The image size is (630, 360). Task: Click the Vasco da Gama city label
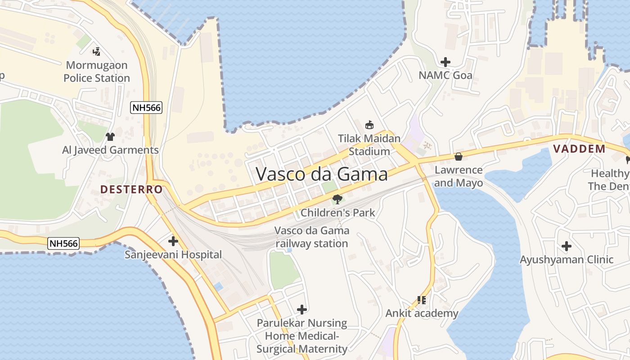tap(322, 174)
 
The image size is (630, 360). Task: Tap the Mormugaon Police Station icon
tap(96, 52)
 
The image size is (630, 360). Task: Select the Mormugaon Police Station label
tap(96, 72)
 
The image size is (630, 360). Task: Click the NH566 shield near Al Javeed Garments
tap(146, 108)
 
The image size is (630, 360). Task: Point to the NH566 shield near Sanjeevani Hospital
tap(64, 243)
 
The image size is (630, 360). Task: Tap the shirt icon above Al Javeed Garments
tap(110, 136)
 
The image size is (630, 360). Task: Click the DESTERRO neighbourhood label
tap(131, 189)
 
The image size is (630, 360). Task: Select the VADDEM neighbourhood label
tap(579, 149)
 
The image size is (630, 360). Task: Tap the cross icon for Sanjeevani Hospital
tap(173, 241)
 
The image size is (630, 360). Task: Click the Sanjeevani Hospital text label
tap(173, 255)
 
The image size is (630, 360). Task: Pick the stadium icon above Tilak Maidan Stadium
tap(369, 125)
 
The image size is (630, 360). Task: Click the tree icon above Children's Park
tap(337, 199)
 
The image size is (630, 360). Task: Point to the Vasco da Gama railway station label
tap(312, 237)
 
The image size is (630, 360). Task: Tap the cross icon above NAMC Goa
tap(445, 62)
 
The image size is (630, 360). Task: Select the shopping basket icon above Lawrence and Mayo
tap(459, 157)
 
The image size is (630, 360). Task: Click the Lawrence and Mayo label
tap(459, 176)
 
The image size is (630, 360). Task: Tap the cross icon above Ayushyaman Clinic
tap(567, 246)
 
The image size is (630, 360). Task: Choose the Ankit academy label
tap(422, 313)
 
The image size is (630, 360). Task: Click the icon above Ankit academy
tap(422, 300)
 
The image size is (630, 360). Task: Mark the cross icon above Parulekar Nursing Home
tap(302, 310)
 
